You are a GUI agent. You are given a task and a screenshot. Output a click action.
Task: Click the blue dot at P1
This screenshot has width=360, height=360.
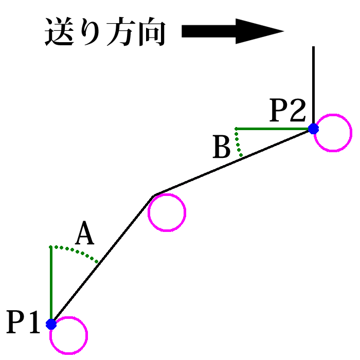click(x=51, y=324)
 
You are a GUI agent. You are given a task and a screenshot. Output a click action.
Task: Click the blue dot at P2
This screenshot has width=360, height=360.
click(x=313, y=129)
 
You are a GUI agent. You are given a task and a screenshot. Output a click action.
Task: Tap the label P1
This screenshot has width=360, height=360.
click(x=23, y=322)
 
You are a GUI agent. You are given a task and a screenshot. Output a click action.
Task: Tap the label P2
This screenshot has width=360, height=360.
click(x=289, y=110)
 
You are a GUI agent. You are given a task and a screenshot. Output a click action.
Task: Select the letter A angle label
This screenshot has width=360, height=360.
click(x=85, y=235)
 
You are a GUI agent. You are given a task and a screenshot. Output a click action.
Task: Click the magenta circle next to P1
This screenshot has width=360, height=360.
click(x=68, y=336)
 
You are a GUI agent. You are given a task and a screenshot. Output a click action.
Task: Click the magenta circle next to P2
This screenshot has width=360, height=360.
click(x=333, y=133)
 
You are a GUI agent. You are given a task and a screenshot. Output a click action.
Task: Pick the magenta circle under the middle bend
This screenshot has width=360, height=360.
click(x=166, y=212)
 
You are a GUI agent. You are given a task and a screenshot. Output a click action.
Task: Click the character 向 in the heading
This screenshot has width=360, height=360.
click(x=152, y=32)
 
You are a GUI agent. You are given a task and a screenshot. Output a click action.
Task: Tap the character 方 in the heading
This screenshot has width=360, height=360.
click(x=122, y=32)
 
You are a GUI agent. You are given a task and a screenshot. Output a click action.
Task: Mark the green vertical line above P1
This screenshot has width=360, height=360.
click(x=50, y=283)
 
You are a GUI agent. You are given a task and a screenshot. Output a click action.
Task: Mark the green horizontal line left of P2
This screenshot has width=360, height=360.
click(x=273, y=128)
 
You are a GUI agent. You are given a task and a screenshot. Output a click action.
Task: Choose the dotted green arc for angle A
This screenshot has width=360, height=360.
click(x=75, y=250)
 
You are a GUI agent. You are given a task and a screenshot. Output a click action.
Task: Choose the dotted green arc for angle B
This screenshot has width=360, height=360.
click(x=238, y=142)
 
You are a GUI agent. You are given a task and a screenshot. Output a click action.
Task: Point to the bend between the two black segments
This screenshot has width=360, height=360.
click(x=154, y=195)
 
